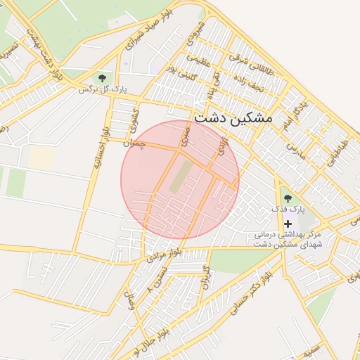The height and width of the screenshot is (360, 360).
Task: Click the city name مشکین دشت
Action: tap(232, 118)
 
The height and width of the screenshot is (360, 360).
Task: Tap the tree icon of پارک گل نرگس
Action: tap(103, 78)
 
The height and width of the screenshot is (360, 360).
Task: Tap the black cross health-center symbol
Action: tap(288, 223)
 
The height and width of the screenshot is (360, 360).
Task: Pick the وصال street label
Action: tap(131, 303)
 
